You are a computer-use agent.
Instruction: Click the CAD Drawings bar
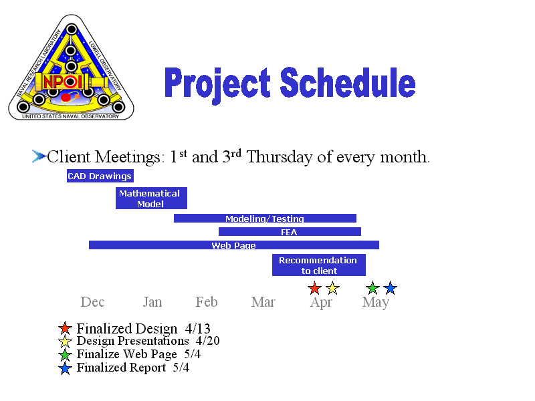[x=100, y=176]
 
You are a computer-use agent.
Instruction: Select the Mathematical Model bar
[x=151, y=198]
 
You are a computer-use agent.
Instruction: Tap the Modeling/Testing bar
[x=265, y=219]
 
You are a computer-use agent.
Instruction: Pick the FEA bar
[x=290, y=232]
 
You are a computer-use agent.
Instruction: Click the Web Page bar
[x=234, y=245]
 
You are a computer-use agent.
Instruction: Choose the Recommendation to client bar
[x=319, y=265]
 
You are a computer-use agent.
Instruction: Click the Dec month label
[x=92, y=302]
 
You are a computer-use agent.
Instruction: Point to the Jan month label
[x=152, y=302]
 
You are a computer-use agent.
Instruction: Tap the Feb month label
[x=207, y=302]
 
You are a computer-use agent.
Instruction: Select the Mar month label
[x=263, y=302]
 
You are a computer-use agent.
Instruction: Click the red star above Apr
[x=314, y=288]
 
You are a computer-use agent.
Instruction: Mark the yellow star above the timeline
[x=332, y=288]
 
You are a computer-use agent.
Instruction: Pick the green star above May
[x=372, y=288]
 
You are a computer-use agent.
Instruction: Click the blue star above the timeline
[x=391, y=288]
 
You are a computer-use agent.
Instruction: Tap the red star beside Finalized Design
[x=65, y=328]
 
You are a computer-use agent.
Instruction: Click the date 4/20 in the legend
[x=208, y=341]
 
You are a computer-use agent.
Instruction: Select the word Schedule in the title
[x=348, y=82]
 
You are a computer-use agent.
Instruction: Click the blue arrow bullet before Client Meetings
[x=39, y=156]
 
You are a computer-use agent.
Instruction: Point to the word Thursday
[x=280, y=157]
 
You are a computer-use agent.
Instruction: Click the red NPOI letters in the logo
[x=63, y=82]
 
